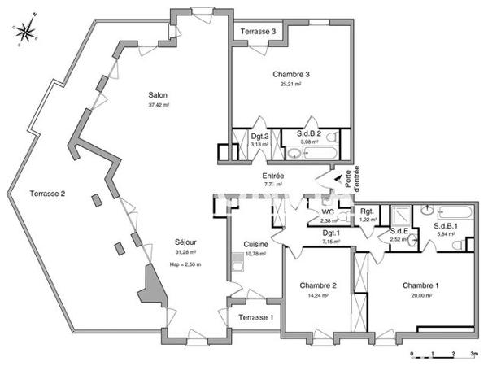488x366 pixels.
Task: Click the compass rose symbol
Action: point(26,31)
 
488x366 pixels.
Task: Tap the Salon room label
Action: point(158,94)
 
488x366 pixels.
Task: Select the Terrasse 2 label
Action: point(47,194)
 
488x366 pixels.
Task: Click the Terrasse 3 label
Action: point(257,32)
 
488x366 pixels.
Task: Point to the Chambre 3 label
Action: point(291,74)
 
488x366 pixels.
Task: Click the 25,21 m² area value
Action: point(291,84)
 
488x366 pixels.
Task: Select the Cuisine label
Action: point(256,245)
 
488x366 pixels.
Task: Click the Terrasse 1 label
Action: point(255,318)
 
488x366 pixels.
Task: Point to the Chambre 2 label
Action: point(318,285)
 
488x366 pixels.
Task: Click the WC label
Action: point(328,211)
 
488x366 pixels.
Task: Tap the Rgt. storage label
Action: point(368,211)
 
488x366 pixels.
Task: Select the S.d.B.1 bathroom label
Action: point(446,225)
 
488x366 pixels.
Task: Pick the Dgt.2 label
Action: point(259,136)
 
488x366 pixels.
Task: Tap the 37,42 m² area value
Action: point(158,105)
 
